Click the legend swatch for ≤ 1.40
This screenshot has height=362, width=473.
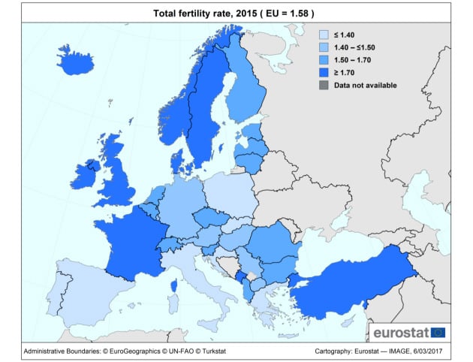324,35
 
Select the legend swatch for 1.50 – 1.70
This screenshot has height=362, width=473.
324,60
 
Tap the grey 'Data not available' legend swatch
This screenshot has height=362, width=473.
324,85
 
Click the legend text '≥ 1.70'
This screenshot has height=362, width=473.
344,73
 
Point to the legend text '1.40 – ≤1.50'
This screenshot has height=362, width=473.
354,47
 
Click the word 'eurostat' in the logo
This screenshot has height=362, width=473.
401,333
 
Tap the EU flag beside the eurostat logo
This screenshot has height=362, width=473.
438,333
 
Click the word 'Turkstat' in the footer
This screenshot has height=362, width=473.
214,351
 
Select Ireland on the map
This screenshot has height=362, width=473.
84,176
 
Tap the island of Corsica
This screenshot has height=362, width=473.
174,285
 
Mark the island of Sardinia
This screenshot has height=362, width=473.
173,303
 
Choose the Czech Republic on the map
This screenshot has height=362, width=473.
211,217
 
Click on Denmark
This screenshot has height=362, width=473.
179,161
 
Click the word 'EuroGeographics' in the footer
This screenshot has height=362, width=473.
134,351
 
